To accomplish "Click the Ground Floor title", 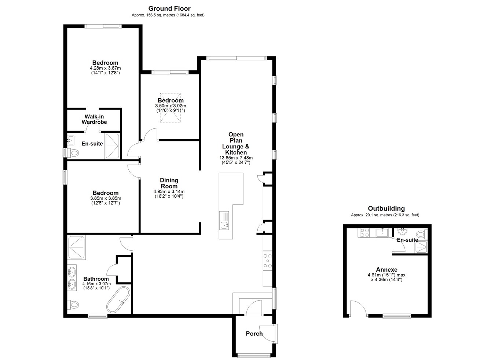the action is point(169,9).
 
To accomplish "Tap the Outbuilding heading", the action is point(386,208).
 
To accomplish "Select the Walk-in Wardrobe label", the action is point(94,120).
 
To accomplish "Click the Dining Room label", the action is point(169,183).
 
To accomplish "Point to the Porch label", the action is point(254,334).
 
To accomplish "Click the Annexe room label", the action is point(387,269).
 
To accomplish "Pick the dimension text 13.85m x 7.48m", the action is point(236,158).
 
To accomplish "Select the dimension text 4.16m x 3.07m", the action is point(96,283).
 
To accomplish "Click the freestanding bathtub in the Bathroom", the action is point(118,300).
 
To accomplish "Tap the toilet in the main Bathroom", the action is point(73,305).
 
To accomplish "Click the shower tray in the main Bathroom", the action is point(77,247).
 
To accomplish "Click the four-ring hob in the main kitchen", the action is point(267,261).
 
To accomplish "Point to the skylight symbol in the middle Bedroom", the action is point(170,108).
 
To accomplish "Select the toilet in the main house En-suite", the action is point(73,153).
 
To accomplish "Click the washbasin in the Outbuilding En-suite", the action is point(403,232).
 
